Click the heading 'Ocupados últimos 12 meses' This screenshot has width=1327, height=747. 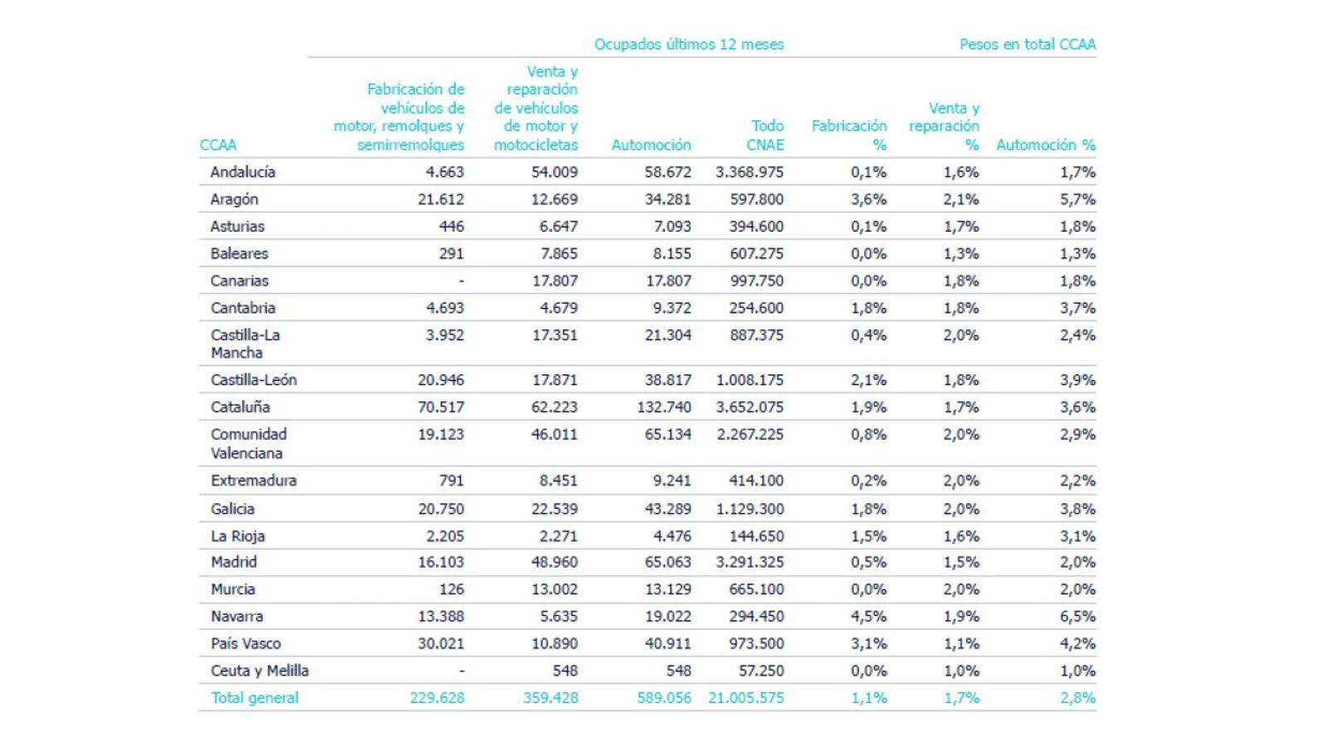pos(688,45)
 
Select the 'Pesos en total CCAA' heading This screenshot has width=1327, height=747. pos(1028,45)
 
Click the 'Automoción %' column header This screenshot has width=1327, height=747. pos(1046,144)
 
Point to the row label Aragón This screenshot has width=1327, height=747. pos(234,200)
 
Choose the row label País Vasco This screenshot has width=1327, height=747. pos(245,643)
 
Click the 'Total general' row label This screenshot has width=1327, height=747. pos(255,698)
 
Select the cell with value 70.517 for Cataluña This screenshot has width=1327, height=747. pos(440,408)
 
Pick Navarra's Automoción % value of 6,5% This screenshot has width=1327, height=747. pos(1077,617)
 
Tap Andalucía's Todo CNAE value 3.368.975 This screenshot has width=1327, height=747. pos(750,172)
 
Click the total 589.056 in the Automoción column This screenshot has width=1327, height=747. pos(664,698)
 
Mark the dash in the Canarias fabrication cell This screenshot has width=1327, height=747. pos(461,281)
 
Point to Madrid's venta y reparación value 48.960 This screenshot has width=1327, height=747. pos(555,561)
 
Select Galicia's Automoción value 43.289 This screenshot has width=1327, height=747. pos(668,509)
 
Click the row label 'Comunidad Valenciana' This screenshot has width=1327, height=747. pos(249,443)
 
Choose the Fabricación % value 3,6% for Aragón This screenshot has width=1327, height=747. pos(869,200)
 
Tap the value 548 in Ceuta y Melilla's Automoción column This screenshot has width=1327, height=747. pos(678,671)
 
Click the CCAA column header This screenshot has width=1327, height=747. pos(218,144)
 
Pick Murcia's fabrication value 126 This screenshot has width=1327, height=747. pos(451,589)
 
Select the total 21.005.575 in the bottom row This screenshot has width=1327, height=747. pos(746,698)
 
